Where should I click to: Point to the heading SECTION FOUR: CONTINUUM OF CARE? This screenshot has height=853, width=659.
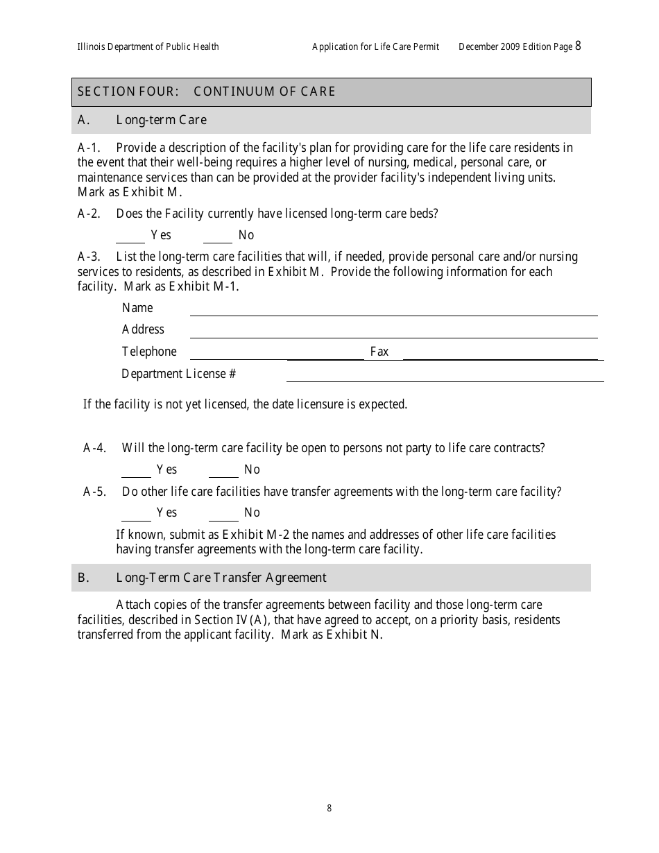pos(207,92)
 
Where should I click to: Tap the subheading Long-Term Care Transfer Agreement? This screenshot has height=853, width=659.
pos(221,578)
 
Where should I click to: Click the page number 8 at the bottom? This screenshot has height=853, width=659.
pos(329,808)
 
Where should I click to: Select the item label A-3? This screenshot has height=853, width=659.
pos(89,257)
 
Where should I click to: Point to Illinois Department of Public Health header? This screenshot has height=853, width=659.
pos(148,46)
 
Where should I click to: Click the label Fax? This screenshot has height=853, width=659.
pos(379,352)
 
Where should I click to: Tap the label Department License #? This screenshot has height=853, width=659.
pos(178,374)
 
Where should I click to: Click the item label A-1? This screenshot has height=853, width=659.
pos(89,148)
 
